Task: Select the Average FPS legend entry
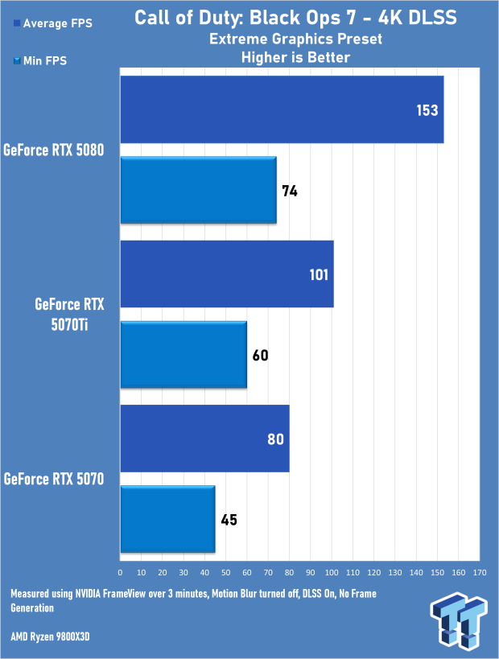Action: (x=52, y=24)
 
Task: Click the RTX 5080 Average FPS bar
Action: (x=282, y=109)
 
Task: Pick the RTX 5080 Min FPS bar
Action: (x=198, y=191)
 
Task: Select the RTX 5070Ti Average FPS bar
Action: (x=226, y=274)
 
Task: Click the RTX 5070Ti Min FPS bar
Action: (x=184, y=355)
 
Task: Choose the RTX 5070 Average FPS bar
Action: (x=204, y=439)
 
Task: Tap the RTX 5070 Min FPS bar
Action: (x=167, y=519)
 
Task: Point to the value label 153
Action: (x=427, y=110)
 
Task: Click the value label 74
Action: (x=290, y=192)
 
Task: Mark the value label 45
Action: (x=229, y=520)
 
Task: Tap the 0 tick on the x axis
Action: (x=120, y=572)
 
